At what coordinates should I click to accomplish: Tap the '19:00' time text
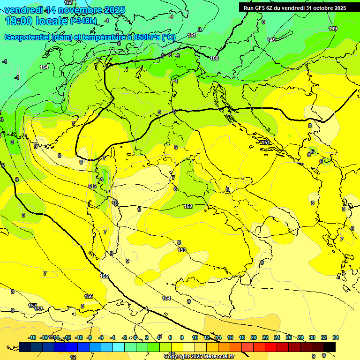coord(18,21)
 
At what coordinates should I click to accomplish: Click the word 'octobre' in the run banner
coord(319,8)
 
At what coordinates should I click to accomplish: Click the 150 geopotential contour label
coord(214,58)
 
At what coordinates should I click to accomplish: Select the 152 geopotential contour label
coord(188,206)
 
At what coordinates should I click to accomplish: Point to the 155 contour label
coord(104,276)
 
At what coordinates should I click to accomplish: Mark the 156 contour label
coord(89,296)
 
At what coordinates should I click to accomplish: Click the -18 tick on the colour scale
coord(32,337)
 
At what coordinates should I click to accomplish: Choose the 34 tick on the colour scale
coord(336,337)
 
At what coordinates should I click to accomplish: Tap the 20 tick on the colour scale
coord(254,337)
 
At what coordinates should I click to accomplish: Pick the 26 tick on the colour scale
coord(289,337)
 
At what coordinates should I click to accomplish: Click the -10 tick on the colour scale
coord(79,337)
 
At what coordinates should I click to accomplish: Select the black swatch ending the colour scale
coord(330,347)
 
